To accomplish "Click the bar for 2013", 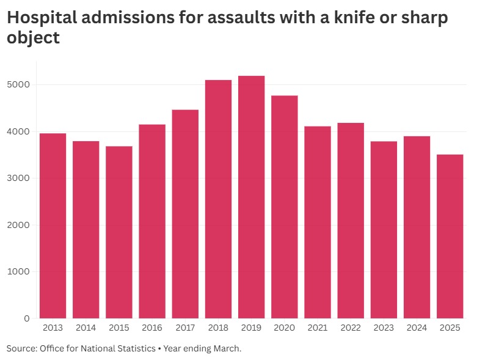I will point(53,226).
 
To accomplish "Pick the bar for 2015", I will point(119,232).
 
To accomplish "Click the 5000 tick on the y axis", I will point(20,85).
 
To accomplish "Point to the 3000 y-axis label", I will point(20,178).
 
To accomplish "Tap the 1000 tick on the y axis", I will point(20,272).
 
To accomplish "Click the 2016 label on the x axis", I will point(152,328).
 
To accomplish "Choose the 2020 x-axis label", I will point(285,328).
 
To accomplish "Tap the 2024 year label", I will point(417,328).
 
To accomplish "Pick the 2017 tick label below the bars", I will point(185,328).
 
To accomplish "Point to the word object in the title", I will point(33,38).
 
